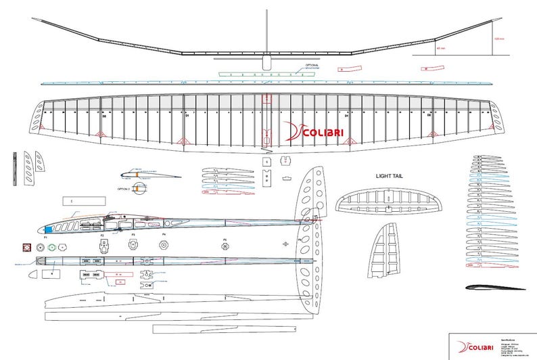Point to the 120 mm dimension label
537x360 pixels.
click(x=499, y=38)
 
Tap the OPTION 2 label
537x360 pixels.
click(x=124, y=189)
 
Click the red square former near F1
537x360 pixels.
click(x=28, y=248)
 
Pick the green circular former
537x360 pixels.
click(x=41, y=248)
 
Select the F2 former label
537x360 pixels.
click(x=103, y=235)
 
